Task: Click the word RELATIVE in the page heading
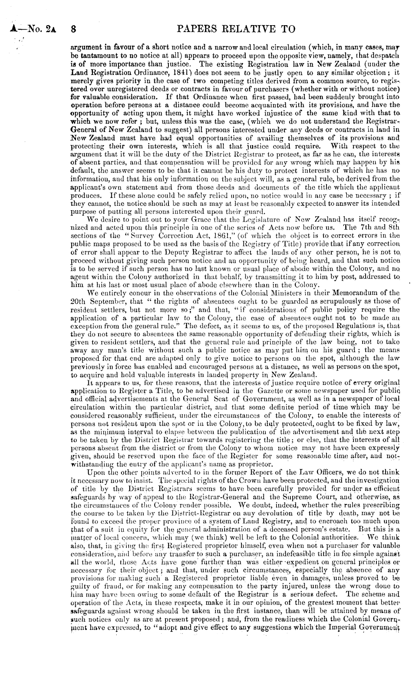point(244,29)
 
